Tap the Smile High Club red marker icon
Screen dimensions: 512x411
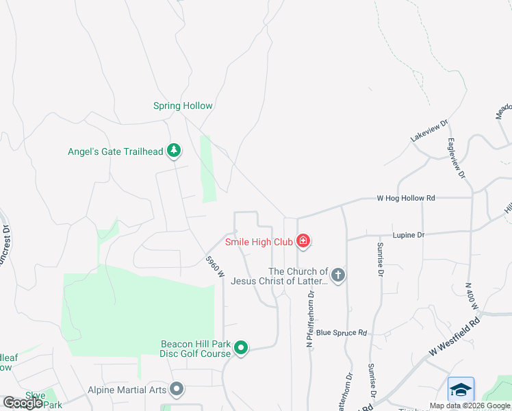click(x=303, y=242)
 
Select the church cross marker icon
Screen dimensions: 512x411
click(x=337, y=275)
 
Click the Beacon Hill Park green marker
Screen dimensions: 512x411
click(x=241, y=348)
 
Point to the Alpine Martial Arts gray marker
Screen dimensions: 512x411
click(x=177, y=390)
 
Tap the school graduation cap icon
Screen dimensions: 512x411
click(x=461, y=389)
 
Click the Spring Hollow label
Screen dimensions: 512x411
click(x=183, y=106)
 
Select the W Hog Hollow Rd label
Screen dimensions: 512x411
click(x=406, y=198)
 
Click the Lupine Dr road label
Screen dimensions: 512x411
click(x=409, y=235)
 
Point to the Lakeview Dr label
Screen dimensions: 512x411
click(x=429, y=131)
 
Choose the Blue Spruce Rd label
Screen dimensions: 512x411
click(x=342, y=333)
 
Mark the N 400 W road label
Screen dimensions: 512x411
click(x=470, y=294)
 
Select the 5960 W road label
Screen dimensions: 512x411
click(x=216, y=267)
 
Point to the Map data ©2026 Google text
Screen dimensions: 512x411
click(x=470, y=406)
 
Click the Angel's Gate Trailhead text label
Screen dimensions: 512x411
click(x=116, y=151)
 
